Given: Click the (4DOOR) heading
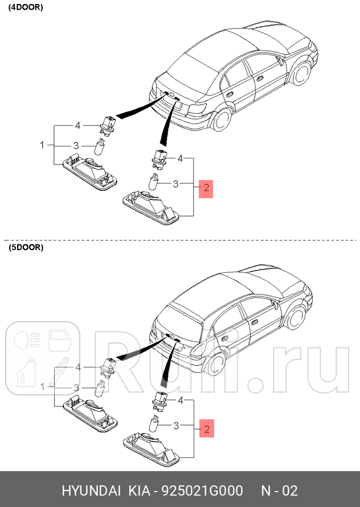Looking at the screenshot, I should pos(25,7).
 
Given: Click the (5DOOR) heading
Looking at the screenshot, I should pos(25,248).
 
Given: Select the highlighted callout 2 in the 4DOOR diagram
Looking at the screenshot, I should pos(205,187).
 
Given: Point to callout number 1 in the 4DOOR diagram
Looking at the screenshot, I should pos(42,145).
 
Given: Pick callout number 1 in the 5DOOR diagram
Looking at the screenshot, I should pos(42,387).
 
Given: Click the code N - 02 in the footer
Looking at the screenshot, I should pos(279,490).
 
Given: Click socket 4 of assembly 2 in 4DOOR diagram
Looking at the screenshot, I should pos(158,157).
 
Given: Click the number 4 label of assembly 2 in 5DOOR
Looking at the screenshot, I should pos(181,400).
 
